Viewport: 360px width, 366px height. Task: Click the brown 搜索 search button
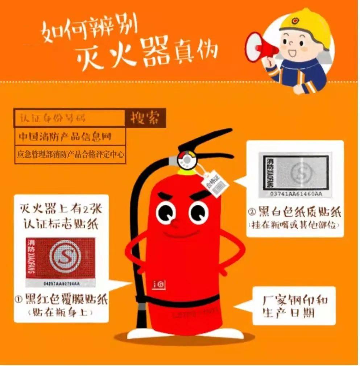coord(145,118)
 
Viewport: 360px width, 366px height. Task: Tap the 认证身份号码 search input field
coord(69,118)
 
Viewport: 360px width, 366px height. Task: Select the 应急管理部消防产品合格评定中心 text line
coord(70,154)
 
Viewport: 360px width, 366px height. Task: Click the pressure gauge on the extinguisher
coord(187,159)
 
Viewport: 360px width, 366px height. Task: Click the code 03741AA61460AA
coord(294,194)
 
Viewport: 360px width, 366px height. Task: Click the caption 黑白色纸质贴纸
coord(294,211)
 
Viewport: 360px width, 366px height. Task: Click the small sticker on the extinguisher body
coord(160,284)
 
